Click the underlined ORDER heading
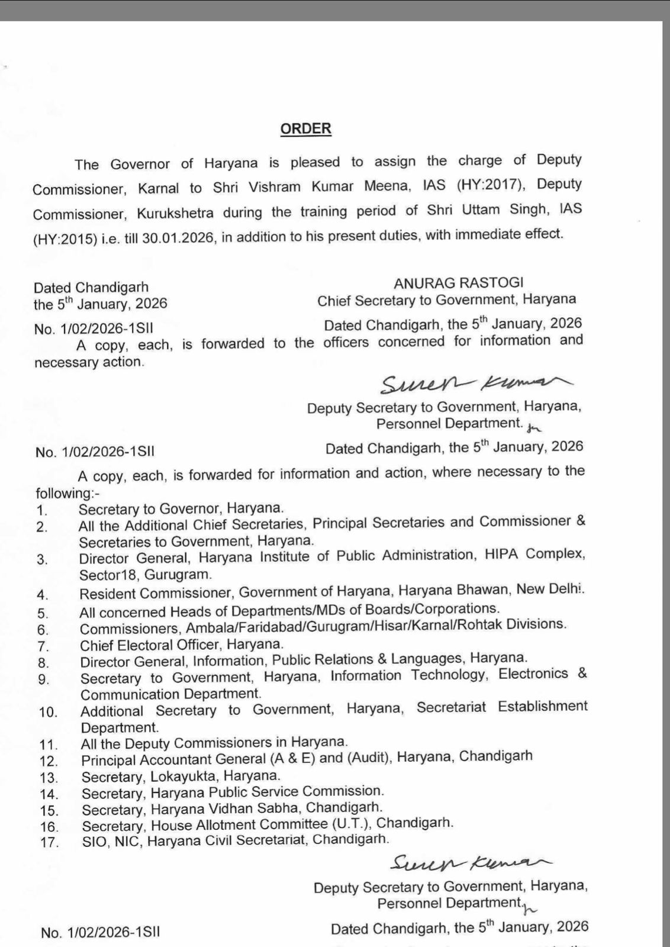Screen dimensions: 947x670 click(x=305, y=129)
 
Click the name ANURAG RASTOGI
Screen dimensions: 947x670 click(x=459, y=283)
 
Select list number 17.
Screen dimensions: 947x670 click(x=50, y=842)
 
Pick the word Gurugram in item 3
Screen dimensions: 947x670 click(x=177, y=574)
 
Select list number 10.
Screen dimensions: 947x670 click(x=49, y=712)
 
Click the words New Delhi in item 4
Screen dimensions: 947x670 click(x=550, y=590)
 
